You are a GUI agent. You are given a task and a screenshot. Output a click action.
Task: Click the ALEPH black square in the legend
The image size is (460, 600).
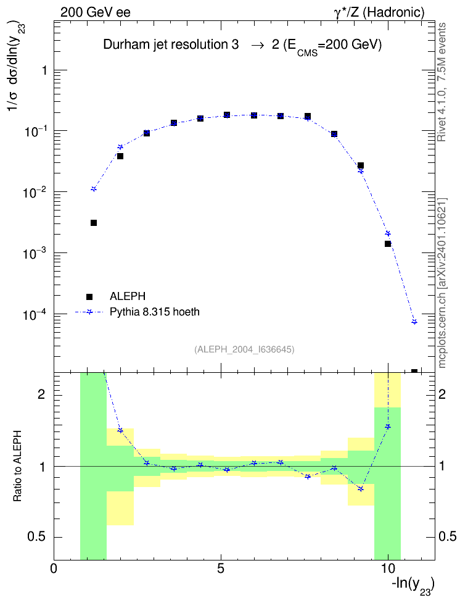(89, 296)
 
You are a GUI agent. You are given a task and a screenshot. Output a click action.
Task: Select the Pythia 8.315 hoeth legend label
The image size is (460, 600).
(155, 312)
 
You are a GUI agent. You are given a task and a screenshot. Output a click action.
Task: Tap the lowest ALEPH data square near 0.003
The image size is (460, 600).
(94, 223)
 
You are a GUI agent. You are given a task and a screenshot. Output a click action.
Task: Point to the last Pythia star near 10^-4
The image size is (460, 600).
(414, 322)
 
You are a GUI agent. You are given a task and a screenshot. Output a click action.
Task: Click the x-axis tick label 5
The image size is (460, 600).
(221, 569)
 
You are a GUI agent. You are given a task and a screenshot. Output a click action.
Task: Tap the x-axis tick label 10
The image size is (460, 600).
(388, 569)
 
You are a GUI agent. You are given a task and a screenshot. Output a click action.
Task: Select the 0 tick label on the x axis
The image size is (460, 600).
(54, 569)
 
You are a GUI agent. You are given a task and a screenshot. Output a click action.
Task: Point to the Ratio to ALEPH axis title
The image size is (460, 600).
(18, 466)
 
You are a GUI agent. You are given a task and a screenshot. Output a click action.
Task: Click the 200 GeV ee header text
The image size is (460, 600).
(95, 12)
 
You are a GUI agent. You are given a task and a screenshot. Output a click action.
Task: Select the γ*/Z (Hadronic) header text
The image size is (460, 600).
(379, 12)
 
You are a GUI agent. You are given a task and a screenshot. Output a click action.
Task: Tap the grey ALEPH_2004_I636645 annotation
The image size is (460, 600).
(244, 349)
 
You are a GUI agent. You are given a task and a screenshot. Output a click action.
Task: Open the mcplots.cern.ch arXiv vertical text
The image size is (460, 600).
(442, 283)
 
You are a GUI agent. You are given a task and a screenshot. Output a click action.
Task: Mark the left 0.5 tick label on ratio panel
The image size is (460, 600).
(36, 537)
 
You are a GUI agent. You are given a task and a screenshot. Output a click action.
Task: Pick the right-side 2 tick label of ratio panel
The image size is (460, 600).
(442, 394)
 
